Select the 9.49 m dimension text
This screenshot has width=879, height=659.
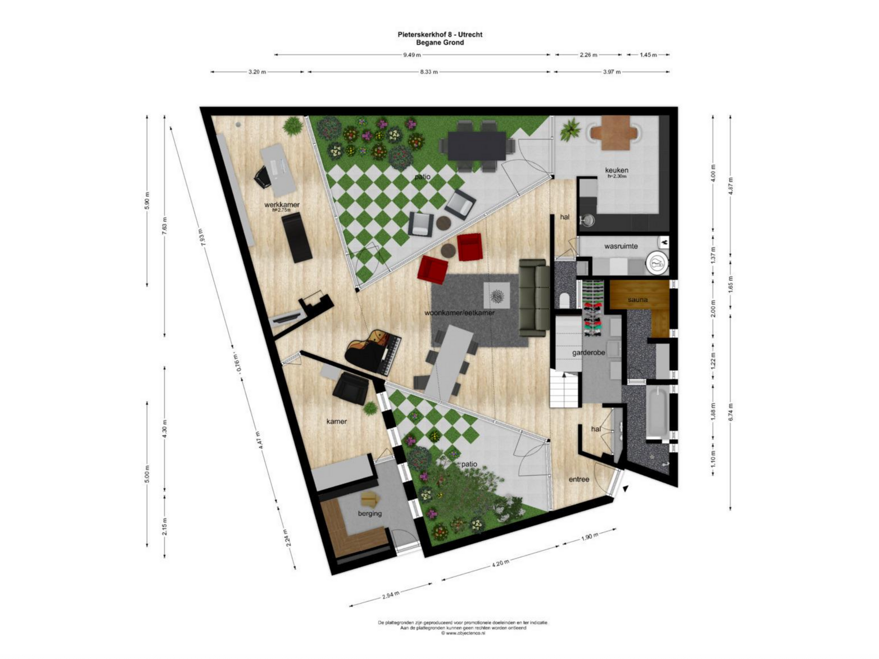tap(412, 55)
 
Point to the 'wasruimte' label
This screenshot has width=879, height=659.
tap(621, 246)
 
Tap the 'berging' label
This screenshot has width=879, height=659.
tap(369, 513)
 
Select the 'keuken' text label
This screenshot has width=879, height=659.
tap(616, 170)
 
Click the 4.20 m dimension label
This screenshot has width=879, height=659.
tap(500, 563)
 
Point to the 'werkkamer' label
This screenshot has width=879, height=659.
tap(282, 205)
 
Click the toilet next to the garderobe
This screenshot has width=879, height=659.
tap(564, 300)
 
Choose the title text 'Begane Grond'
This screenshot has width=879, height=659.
tap(440, 43)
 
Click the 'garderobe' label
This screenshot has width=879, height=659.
tap(588, 352)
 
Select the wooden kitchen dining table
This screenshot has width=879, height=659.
tap(616, 132)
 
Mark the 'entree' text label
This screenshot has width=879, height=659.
tap(579, 479)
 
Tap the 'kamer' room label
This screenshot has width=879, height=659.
tap(336, 421)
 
